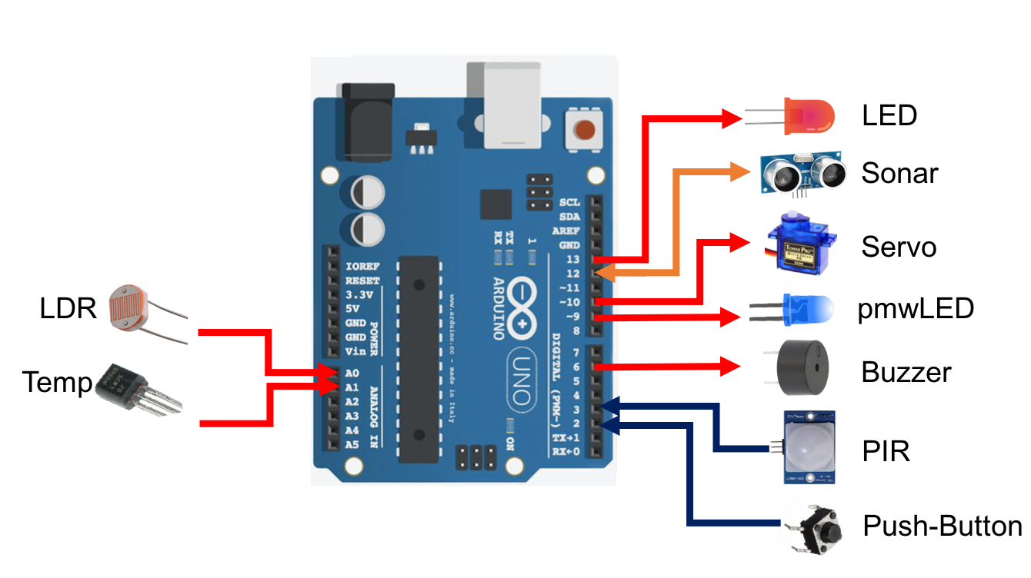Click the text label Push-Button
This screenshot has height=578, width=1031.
click(943, 527)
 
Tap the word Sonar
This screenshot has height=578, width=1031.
click(899, 173)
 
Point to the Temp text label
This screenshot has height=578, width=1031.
click(57, 382)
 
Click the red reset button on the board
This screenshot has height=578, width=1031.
click(586, 129)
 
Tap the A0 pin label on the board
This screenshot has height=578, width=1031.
click(352, 372)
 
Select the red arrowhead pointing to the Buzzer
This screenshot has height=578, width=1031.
click(730, 367)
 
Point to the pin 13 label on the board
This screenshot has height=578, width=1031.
click(572, 260)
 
